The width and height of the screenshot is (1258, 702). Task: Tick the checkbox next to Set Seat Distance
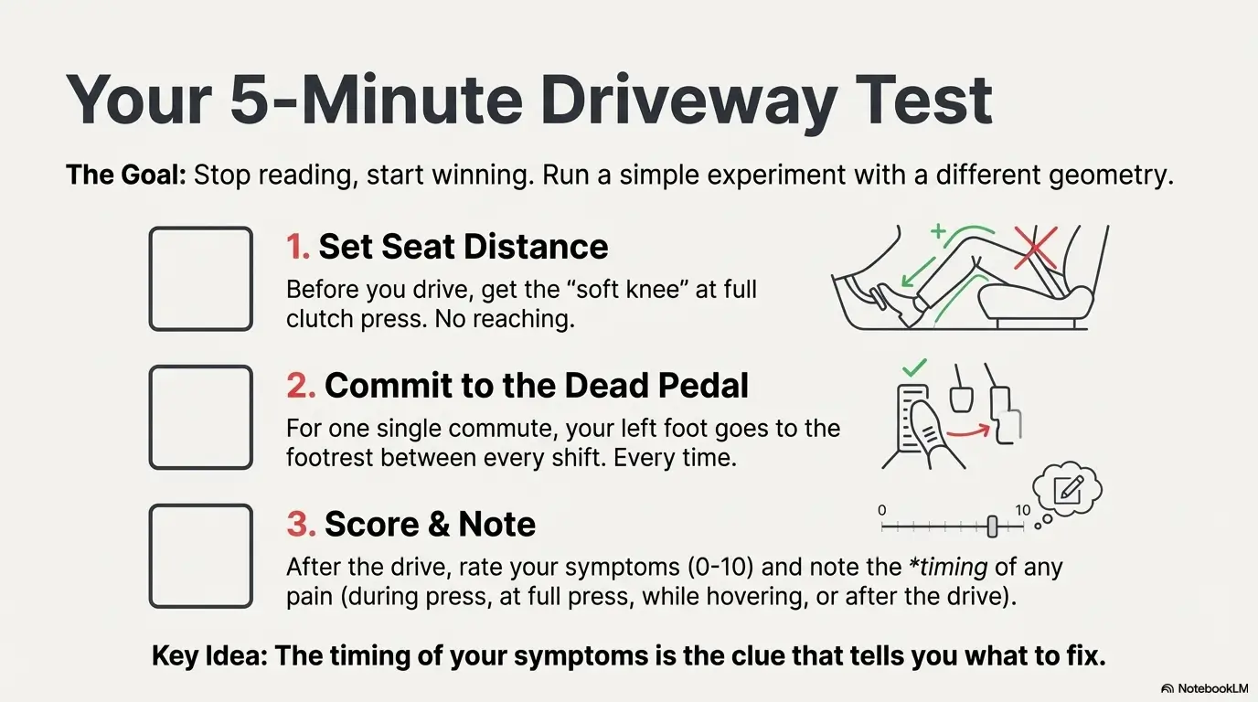(200, 279)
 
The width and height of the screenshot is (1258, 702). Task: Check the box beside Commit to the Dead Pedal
(200, 417)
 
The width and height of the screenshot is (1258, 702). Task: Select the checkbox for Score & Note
(200, 556)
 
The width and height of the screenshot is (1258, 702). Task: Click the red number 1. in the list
(298, 247)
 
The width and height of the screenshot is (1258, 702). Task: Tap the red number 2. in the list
(301, 386)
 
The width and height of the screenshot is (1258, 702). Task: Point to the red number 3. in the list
(301, 525)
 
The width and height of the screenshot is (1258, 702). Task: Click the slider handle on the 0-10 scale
(992, 526)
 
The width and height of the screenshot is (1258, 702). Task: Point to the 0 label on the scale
(881, 510)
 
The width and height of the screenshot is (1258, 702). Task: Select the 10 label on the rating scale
(1022, 510)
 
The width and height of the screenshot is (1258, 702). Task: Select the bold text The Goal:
(125, 175)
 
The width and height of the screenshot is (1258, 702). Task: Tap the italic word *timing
(947, 567)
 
